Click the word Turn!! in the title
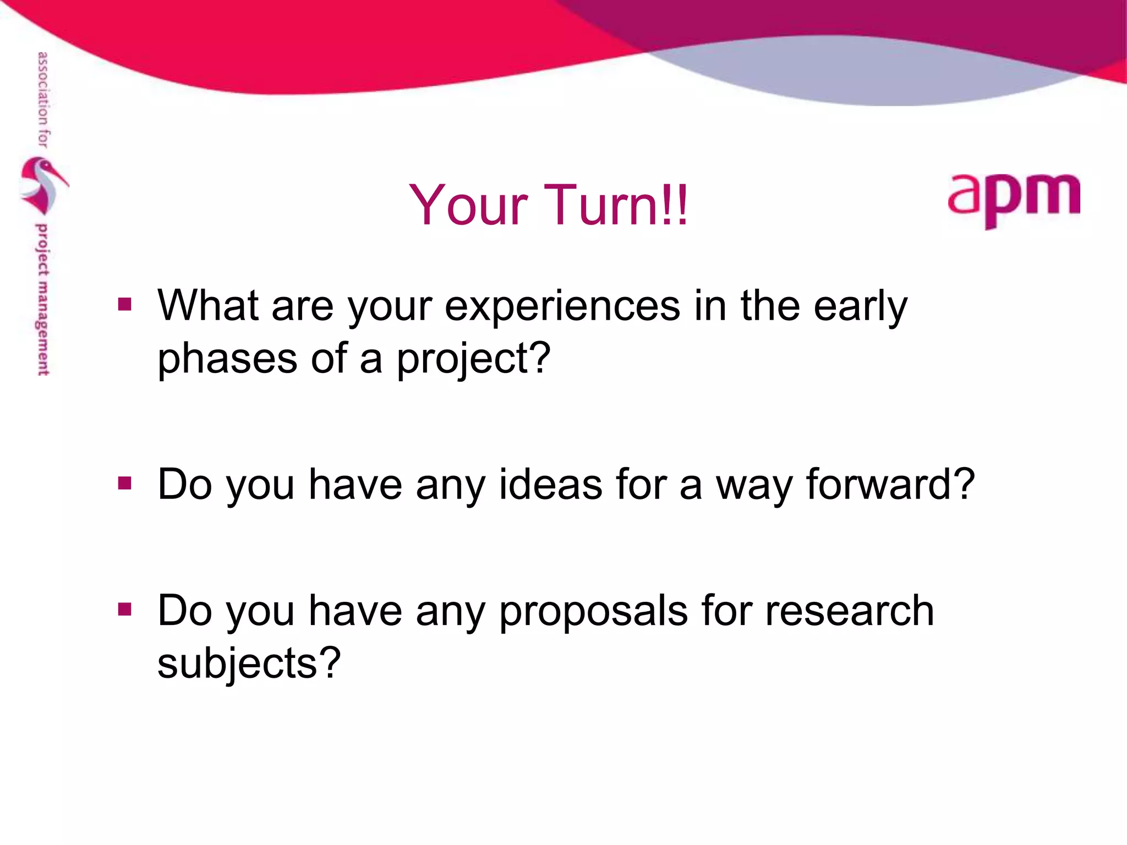pyautogui.click(x=616, y=205)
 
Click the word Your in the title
pyautogui.click(x=468, y=205)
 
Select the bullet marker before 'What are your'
pyautogui.click(x=125, y=304)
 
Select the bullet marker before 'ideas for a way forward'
pyautogui.click(x=125, y=483)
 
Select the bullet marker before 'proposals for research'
pyautogui.click(x=125, y=609)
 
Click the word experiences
pyautogui.click(x=562, y=306)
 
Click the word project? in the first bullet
pyautogui.click(x=473, y=359)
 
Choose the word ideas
pyautogui.click(x=550, y=484)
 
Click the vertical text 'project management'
pyautogui.click(x=42, y=300)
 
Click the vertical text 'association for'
pyautogui.click(x=42, y=100)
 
